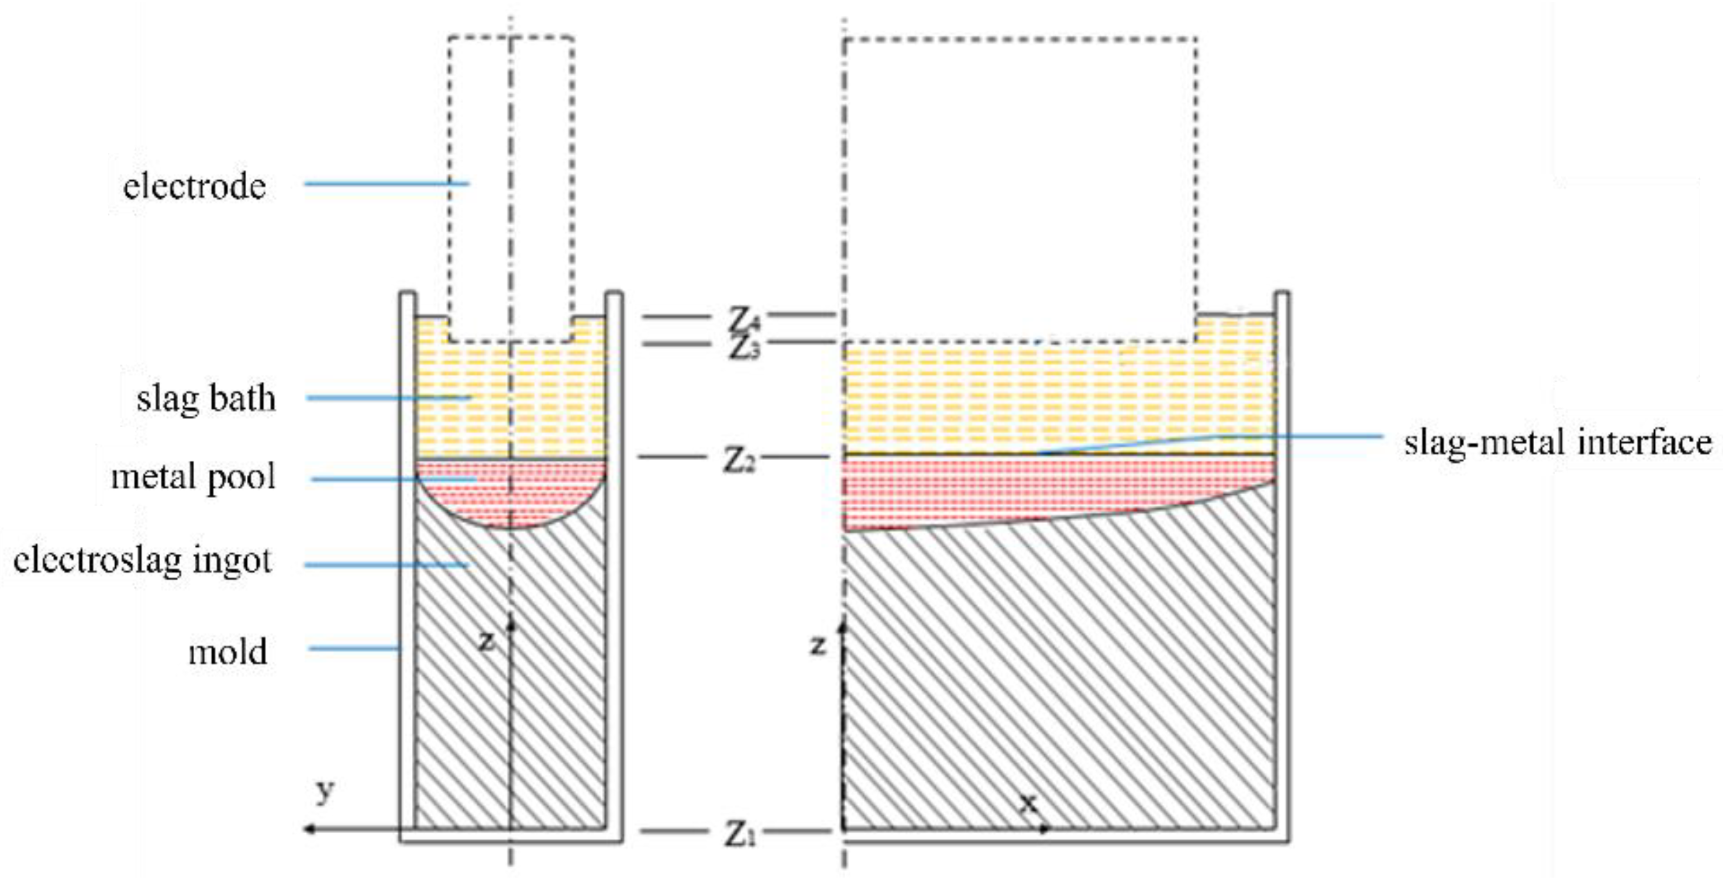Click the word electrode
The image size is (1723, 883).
(x=194, y=185)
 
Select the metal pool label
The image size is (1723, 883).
(x=193, y=477)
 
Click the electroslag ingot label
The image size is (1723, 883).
(x=142, y=560)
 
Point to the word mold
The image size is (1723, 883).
(x=227, y=651)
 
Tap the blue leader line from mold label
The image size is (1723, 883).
(x=354, y=647)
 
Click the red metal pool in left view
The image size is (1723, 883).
(x=511, y=492)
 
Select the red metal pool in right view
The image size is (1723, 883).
(x=1003, y=488)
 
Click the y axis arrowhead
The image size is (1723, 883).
(x=309, y=829)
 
